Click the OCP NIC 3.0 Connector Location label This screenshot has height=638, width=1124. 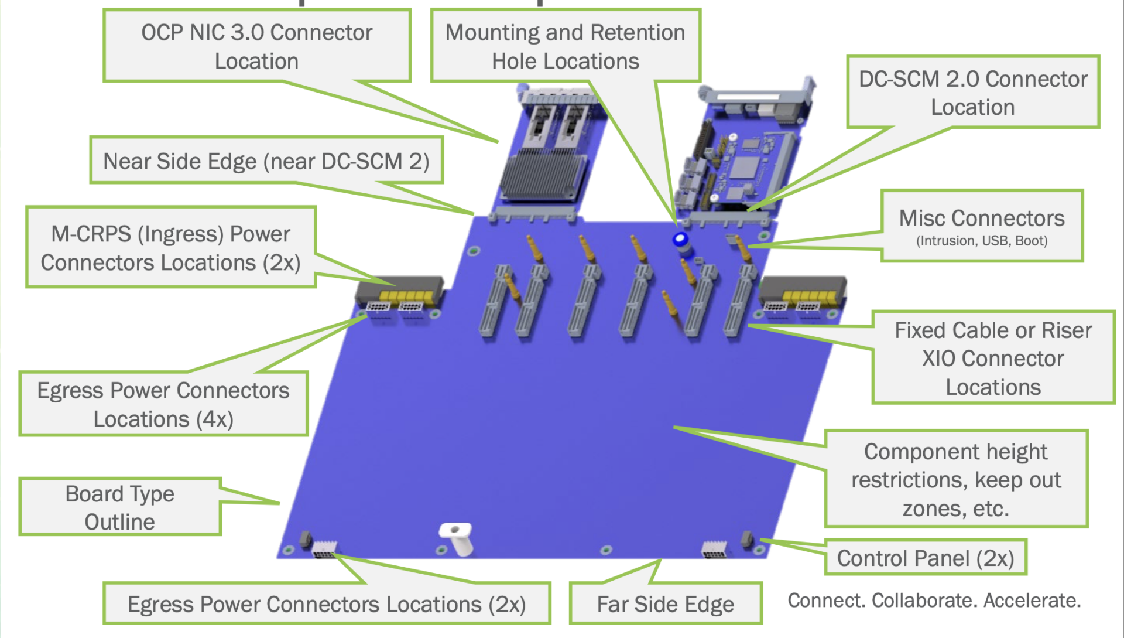256,46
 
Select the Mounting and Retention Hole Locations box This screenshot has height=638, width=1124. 565,46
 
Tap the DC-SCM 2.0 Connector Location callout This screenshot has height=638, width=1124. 972,93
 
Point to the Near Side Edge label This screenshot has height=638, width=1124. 266,161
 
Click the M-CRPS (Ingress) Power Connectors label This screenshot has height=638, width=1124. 170,248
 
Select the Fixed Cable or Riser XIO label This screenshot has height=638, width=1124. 993,358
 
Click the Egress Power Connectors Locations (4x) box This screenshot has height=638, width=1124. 163,404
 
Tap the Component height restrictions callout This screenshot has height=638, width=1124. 955,480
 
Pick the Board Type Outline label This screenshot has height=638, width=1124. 119,507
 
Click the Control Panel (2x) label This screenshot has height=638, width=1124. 925,558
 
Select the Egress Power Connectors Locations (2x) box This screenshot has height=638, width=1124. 327,604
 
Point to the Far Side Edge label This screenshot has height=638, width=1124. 665,604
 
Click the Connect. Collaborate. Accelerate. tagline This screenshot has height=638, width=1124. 934,601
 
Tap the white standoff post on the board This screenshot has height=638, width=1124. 457,537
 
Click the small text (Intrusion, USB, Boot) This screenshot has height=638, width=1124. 982,241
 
